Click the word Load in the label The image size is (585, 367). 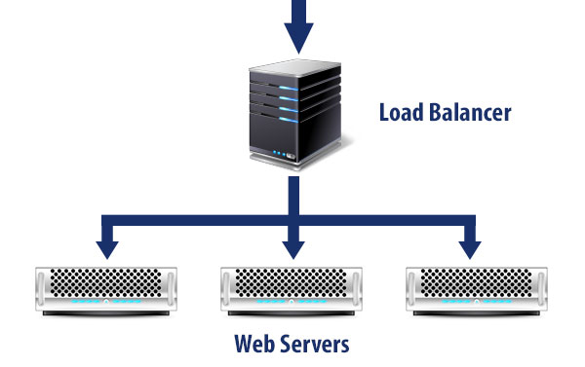coord(400,113)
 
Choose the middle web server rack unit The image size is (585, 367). coord(292,291)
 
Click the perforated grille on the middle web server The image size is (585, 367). coord(292,281)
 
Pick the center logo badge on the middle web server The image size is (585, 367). coord(292,306)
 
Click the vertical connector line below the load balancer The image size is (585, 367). coord(292,200)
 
